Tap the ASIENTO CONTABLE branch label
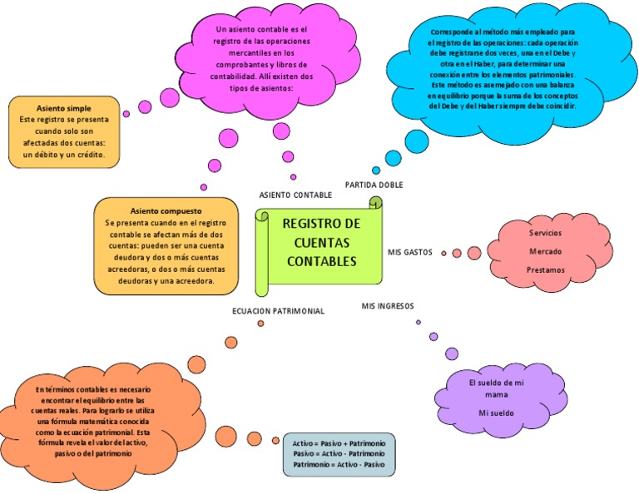click(295, 195)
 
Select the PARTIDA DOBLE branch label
click(374, 185)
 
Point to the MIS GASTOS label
click(410, 252)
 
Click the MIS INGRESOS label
click(388, 306)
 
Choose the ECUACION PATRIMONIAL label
click(277, 311)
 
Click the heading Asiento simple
click(64, 109)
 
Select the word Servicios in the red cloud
click(546, 232)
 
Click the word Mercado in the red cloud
click(546, 251)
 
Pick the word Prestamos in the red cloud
click(546, 270)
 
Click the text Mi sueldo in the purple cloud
click(496, 413)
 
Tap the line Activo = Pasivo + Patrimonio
click(339, 444)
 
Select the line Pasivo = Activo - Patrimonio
click(339, 454)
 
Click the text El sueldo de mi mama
click(496, 388)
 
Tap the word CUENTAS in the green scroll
click(321, 243)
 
